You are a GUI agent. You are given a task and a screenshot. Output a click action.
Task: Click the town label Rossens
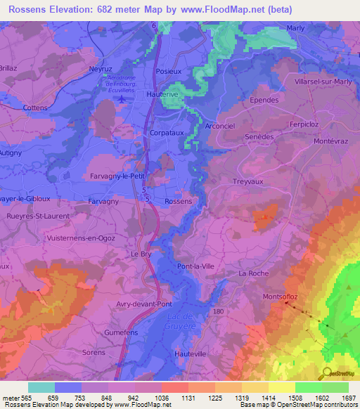click(178, 201)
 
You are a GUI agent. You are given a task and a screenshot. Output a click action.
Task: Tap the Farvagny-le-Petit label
click(117, 176)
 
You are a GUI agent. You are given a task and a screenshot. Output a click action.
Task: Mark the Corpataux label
click(167, 132)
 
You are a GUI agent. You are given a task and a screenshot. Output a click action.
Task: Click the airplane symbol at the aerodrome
click(123, 99)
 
